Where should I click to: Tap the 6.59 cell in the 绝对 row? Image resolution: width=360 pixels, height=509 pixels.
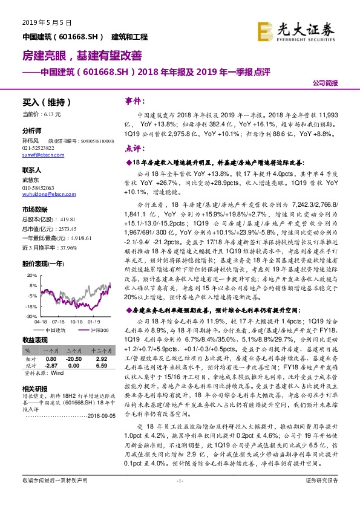click(101, 366)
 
